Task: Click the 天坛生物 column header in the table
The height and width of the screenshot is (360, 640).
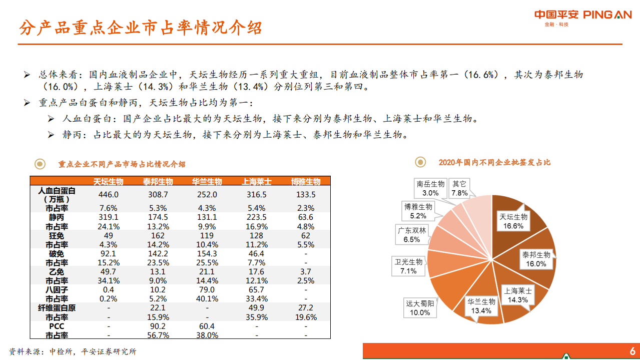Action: [x=109, y=181]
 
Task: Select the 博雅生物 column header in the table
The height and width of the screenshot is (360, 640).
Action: [x=306, y=181]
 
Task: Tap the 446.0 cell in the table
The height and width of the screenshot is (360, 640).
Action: [x=109, y=195]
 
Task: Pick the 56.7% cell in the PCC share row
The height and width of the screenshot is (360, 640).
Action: [x=158, y=335]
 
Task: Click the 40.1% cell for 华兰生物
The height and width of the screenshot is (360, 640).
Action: [x=207, y=299]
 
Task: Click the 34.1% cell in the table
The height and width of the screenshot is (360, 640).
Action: [x=109, y=281]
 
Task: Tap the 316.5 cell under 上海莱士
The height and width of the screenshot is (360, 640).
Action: [x=257, y=195]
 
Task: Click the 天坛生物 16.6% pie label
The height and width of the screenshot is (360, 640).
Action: [x=513, y=221]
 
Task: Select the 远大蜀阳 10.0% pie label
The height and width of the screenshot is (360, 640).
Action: [x=420, y=307]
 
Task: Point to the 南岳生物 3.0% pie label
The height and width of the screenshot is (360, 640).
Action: [x=430, y=188]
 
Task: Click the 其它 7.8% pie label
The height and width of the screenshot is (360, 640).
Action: [x=459, y=188]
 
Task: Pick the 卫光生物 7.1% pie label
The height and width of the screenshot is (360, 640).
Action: [x=409, y=266]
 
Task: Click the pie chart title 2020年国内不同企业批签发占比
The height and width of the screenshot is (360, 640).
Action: [x=494, y=162]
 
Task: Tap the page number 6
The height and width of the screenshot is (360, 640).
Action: [x=632, y=350]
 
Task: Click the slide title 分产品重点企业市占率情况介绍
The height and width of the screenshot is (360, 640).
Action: [x=141, y=28]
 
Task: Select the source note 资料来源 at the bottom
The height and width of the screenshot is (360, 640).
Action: [x=73, y=351]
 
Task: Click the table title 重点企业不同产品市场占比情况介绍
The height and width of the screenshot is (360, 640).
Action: [x=122, y=164]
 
